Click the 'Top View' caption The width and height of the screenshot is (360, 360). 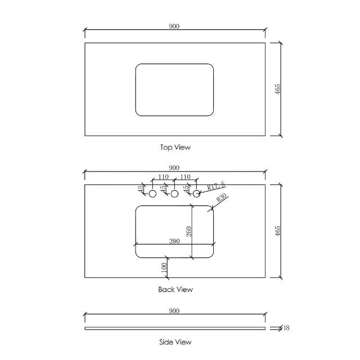pos(175,147)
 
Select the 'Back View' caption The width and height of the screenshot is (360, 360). pos(175,290)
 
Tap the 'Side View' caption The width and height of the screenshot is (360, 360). pos(175,341)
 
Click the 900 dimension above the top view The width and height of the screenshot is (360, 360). pos(174,26)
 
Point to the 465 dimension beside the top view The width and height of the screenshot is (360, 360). pos(277,89)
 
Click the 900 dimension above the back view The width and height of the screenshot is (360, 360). pos(174,168)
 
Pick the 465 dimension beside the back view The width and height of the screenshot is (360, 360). pos(277,231)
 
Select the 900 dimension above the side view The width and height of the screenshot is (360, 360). pos(174,310)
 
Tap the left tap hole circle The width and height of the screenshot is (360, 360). pos(152,193)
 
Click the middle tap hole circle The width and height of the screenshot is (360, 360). pos(174,193)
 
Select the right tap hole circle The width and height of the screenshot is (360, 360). pos(197,193)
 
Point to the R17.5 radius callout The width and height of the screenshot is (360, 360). pos(216,186)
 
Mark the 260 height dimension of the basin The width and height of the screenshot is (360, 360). pos(189,231)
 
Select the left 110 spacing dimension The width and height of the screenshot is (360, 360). pos(163,177)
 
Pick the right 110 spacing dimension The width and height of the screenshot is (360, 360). pos(186,177)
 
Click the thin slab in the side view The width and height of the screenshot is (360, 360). pos(174,328)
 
